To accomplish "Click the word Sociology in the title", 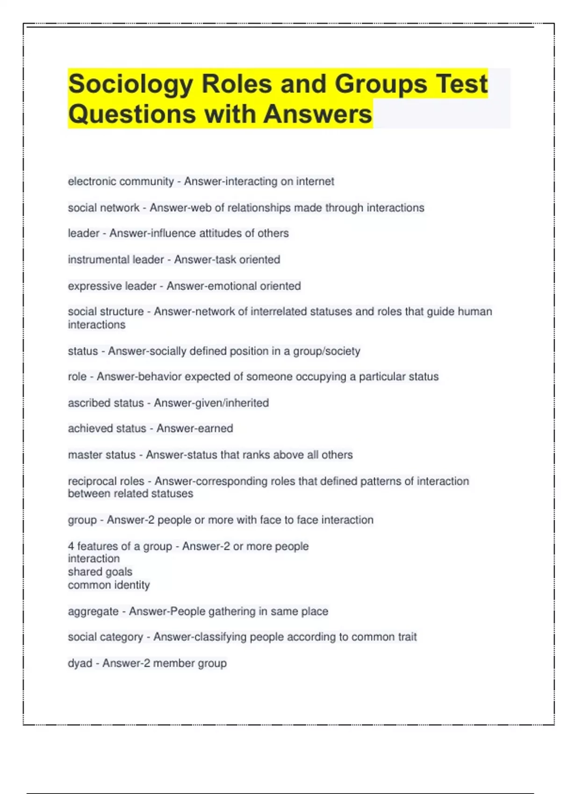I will (130, 85).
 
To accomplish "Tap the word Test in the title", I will (462, 85).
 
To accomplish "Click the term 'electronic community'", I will (121, 181).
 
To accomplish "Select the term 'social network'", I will (104, 208).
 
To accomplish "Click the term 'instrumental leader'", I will (116, 260).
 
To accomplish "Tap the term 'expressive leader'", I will (112, 286).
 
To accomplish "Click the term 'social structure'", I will (106, 312).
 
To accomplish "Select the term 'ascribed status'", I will (106, 403).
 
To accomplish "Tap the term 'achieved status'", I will (107, 429).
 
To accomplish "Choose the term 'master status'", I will (101, 455).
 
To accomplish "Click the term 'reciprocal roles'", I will (106, 481).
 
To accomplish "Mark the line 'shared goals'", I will (100, 572).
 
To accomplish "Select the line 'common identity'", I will (109, 585).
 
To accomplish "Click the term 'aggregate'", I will (93, 611).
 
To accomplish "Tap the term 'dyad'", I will (80, 663).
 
